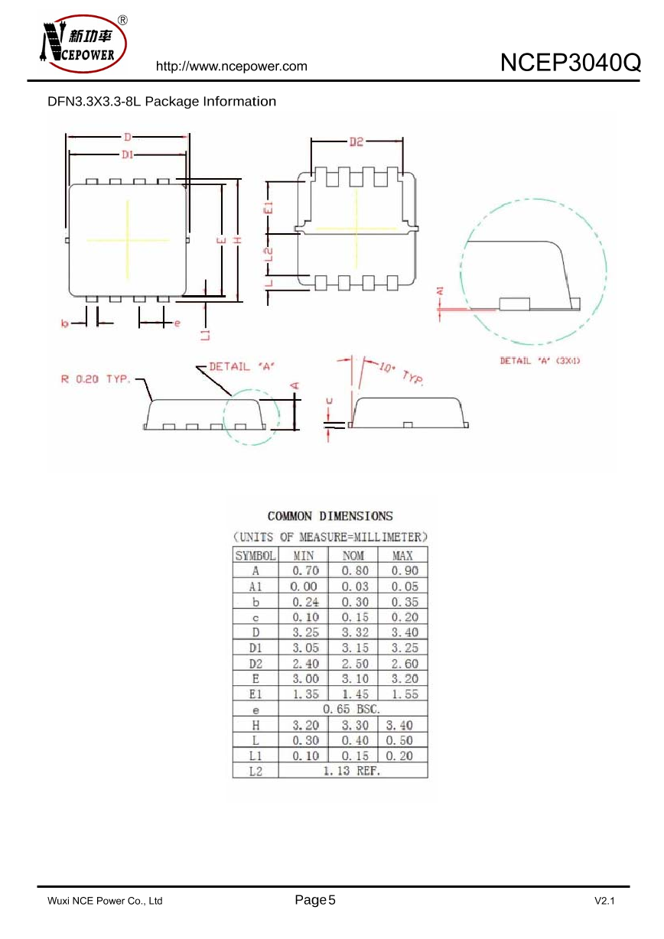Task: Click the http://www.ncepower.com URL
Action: pyautogui.click(x=231, y=67)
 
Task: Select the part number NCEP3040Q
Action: pyautogui.click(x=570, y=63)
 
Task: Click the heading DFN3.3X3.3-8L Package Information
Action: pyautogui.click(x=161, y=102)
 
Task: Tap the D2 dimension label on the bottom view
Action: pyautogui.click(x=356, y=141)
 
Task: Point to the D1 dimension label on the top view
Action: pyautogui.click(x=128, y=154)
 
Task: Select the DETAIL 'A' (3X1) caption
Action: pyautogui.click(x=540, y=360)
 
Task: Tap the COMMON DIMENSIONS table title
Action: pyautogui.click(x=330, y=516)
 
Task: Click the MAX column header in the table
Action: pyautogui.click(x=403, y=556)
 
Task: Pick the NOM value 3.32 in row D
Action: pyautogui.click(x=354, y=632)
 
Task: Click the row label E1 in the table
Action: pyautogui.click(x=256, y=694)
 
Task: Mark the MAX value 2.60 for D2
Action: pyautogui.click(x=404, y=664)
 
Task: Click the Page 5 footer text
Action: pyautogui.click(x=315, y=900)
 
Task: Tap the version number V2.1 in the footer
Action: pyautogui.click(x=604, y=902)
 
